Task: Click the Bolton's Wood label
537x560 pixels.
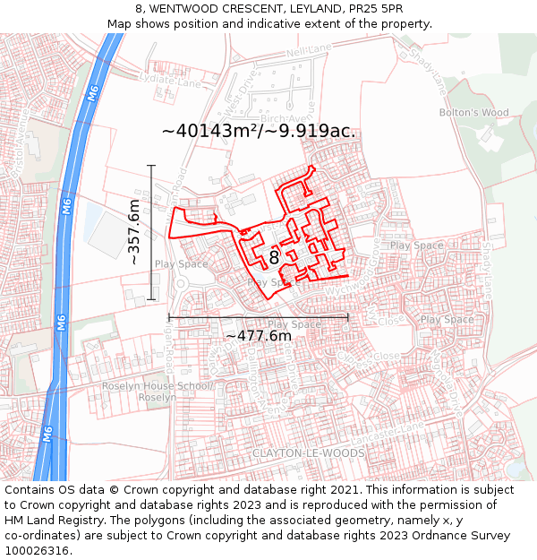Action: pyautogui.click(x=473, y=113)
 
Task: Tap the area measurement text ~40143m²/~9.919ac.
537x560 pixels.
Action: pyautogui.click(x=259, y=131)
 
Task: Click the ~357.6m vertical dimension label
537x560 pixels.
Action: pyautogui.click(x=134, y=232)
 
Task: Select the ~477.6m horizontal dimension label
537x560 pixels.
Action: pyautogui.click(x=258, y=336)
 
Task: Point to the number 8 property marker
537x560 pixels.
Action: pyautogui.click(x=274, y=257)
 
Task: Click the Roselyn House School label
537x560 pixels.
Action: pyautogui.click(x=155, y=386)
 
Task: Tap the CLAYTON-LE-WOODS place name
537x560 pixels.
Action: pyautogui.click(x=308, y=453)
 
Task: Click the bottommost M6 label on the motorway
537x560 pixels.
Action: pyautogui.click(x=48, y=435)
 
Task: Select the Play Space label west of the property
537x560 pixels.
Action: pyautogui.click(x=181, y=264)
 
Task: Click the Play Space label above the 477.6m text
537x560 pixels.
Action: pyautogui.click(x=294, y=324)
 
